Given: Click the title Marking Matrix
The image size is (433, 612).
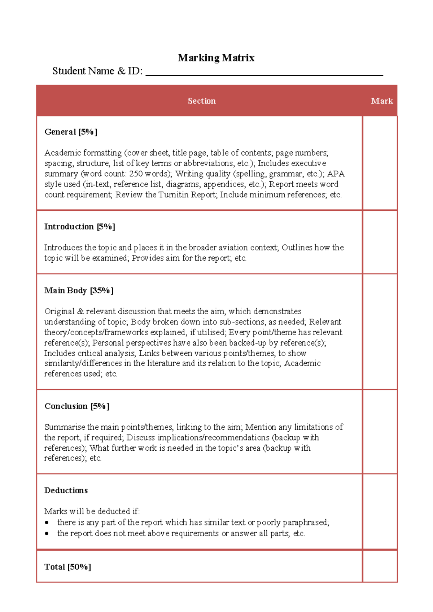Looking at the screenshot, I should (216, 58).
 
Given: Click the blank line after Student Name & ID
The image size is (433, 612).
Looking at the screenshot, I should (264, 73).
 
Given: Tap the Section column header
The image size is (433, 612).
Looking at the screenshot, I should (201, 101).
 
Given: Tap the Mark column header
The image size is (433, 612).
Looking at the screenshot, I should (381, 101).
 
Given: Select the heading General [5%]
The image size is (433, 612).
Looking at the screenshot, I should (71, 132).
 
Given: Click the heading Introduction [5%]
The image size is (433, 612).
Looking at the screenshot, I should (79, 227).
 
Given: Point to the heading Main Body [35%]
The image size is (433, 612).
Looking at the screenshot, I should (79, 290).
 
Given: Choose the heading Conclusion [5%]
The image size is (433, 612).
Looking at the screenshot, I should (76, 406).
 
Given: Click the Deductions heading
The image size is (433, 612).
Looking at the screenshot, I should (66, 490).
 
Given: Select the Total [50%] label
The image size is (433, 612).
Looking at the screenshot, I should (67, 567).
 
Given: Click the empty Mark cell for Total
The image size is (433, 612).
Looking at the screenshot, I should (380, 566).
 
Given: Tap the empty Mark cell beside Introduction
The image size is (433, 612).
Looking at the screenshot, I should (380, 242).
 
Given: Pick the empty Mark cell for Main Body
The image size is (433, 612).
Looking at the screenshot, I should (380, 332).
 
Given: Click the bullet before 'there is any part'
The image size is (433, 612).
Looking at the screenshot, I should (47, 523).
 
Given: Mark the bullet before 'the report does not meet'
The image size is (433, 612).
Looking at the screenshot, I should (47, 534).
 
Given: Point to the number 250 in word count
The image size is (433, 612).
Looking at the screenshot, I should (136, 174).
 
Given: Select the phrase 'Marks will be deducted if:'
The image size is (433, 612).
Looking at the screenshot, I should (92, 511).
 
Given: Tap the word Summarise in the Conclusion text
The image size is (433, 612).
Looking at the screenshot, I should (65, 427).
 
